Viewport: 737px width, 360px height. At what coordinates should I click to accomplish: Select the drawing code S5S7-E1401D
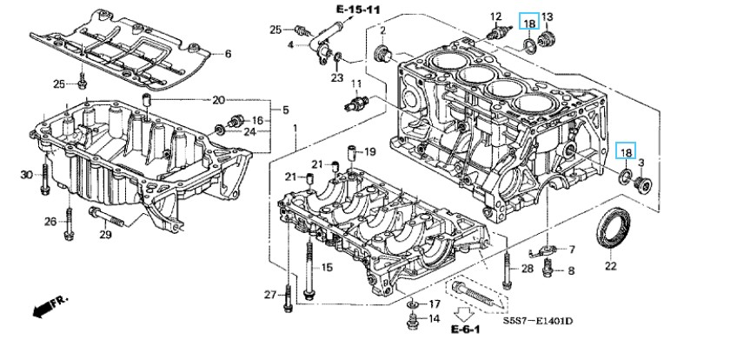[539, 321]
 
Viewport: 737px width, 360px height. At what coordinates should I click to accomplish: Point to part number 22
[610, 265]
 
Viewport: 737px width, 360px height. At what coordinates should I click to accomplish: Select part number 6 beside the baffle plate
[228, 54]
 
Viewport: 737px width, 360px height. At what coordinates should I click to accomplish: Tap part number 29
[105, 235]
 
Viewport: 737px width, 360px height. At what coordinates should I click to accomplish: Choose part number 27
[269, 295]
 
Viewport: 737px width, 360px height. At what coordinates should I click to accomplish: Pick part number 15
[327, 266]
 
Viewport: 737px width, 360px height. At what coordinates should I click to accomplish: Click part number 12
[496, 17]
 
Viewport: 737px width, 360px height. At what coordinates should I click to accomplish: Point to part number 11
[356, 83]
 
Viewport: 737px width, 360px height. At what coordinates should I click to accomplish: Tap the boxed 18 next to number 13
[528, 23]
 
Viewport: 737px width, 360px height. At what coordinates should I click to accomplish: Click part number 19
[370, 151]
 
